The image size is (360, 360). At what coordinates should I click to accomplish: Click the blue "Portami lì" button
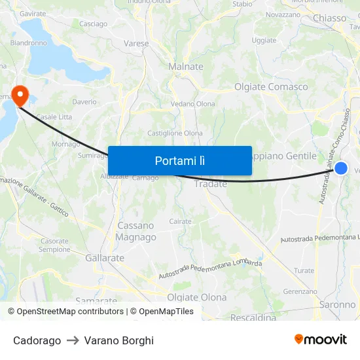point(179,160)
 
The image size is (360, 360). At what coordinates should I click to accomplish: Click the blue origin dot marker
point(340,168)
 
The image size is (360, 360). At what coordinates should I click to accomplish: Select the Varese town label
point(136,44)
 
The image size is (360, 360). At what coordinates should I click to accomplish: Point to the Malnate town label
point(186,67)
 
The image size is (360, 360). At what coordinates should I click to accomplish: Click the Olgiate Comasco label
point(271,86)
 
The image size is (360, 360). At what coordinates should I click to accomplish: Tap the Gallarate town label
point(105,258)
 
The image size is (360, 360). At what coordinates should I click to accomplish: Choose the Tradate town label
point(211,184)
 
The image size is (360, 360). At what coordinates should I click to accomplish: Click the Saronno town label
point(337,304)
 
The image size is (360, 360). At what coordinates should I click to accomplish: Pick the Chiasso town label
point(329,18)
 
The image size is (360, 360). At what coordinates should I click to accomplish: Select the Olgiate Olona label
point(196,297)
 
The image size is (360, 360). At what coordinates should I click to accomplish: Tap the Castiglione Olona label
point(175,133)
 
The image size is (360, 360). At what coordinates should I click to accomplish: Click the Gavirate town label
point(33,13)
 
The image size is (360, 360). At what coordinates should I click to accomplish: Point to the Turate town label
point(304,270)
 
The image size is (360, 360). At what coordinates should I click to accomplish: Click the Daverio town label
point(84,102)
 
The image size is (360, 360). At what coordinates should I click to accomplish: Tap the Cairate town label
point(180,221)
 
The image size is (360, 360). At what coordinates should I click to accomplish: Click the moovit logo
point(320,339)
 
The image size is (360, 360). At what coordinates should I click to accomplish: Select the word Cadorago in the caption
point(37,340)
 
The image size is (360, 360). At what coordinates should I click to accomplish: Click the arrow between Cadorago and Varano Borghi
point(73,340)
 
